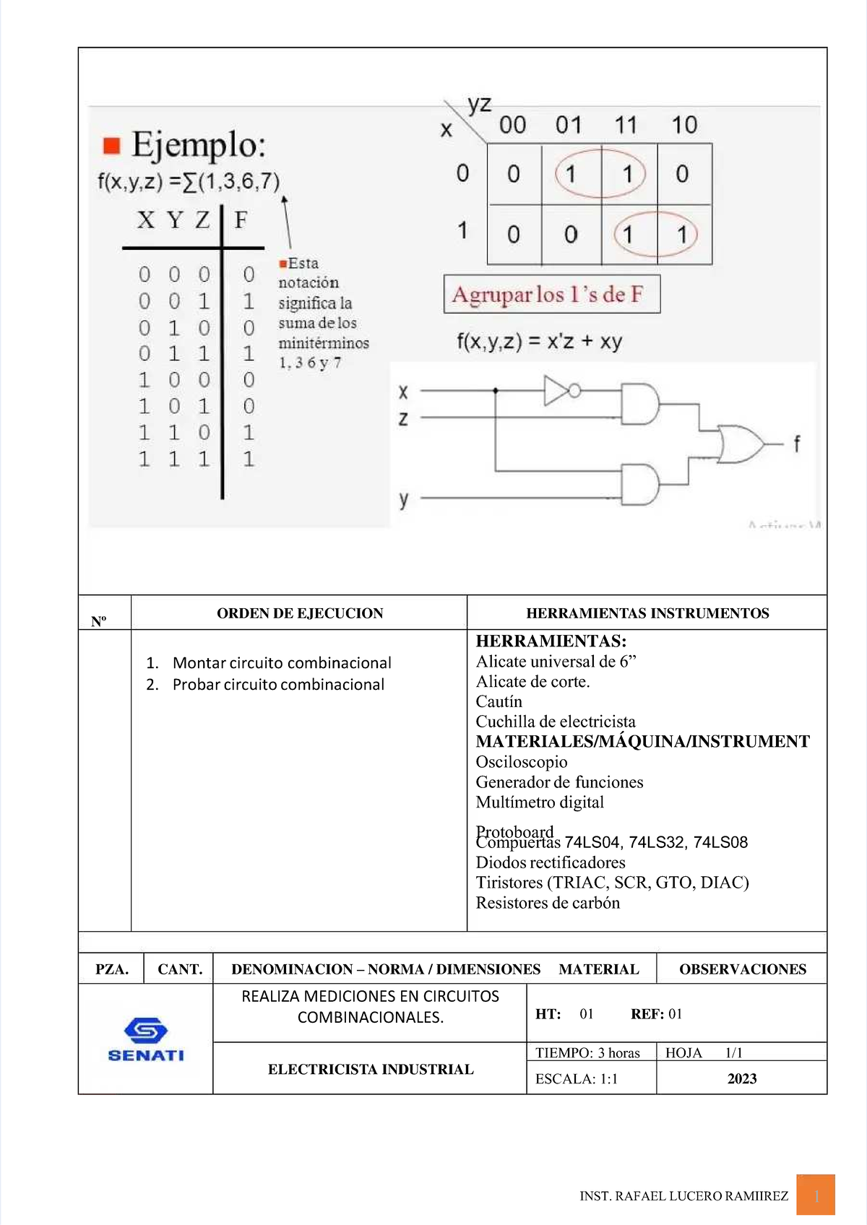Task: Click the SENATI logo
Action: tap(146, 1039)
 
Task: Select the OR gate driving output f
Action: tap(738, 444)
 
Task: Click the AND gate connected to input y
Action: tap(640, 485)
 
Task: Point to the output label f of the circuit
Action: tap(796, 443)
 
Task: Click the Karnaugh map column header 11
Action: tap(626, 125)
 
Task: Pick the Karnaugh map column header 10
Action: tap(684, 125)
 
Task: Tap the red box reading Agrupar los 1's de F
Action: tap(551, 294)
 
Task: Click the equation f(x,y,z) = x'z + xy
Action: tap(539, 341)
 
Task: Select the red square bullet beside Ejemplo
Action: tap(111, 145)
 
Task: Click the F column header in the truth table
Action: tap(241, 219)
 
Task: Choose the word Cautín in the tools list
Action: tap(499, 701)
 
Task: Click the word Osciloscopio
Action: tap(521, 762)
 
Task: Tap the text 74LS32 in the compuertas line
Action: tap(655, 842)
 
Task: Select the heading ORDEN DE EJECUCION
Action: tap(300, 613)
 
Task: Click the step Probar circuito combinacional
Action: tap(278, 684)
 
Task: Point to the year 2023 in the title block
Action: tap(741, 1078)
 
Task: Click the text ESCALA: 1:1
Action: tap(576, 1078)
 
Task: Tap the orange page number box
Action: tap(816, 1195)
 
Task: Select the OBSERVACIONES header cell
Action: tap(742, 969)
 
